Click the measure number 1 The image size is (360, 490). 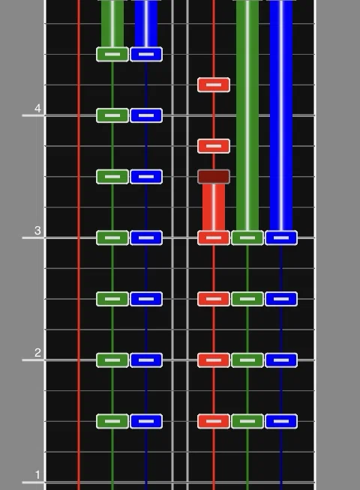[x=37, y=475]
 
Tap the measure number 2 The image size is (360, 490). [x=37, y=352]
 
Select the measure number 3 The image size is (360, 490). [x=37, y=230]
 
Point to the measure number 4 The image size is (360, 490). [x=37, y=108]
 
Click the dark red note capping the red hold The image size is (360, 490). [x=214, y=177]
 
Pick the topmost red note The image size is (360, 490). [x=214, y=85]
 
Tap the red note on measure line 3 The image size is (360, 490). [x=214, y=238]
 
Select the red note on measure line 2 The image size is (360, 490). [x=214, y=360]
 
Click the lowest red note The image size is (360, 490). [x=214, y=421]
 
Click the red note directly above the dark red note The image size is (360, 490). [x=214, y=146]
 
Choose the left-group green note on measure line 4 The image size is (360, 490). [x=112, y=115]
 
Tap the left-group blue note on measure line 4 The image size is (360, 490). [x=146, y=115]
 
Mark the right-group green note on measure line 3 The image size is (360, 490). [x=247, y=238]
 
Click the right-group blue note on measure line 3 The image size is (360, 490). [x=281, y=238]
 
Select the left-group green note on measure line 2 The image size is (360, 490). [x=112, y=360]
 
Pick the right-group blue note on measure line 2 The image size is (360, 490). [x=281, y=360]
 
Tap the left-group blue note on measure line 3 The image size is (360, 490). [x=146, y=238]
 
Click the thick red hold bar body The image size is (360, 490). [x=214, y=208]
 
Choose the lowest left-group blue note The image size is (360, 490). [x=146, y=421]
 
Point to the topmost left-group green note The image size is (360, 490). [x=112, y=55]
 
